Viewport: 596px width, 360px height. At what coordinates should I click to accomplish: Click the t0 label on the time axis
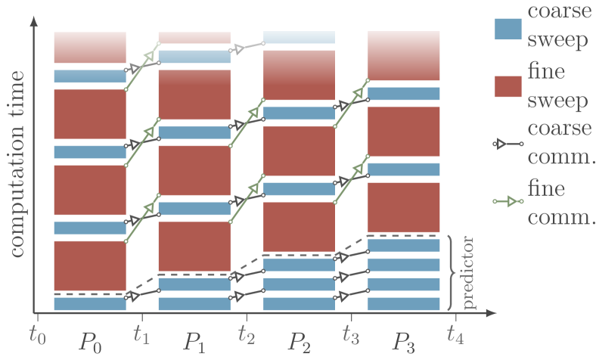pyautogui.click(x=36, y=332)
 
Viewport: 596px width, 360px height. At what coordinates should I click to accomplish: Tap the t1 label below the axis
pyautogui.click(x=141, y=332)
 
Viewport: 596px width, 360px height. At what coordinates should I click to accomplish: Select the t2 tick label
pyautogui.click(x=246, y=332)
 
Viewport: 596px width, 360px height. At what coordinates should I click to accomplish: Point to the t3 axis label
pyautogui.click(x=350, y=332)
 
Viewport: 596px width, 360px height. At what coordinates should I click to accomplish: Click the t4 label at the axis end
pyautogui.click(x=455, y=332)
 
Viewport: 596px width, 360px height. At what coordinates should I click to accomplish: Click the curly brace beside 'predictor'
pyautogui.click(x=452, y=272)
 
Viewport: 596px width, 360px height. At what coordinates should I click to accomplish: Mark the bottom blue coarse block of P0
pyautogui.click(x=89, y=304)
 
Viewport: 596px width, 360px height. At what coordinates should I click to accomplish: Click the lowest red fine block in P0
pyautogui.click(x=89, y=265)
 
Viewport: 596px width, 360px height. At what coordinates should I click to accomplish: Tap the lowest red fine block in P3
pyautogui.click(x=403, y=206)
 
